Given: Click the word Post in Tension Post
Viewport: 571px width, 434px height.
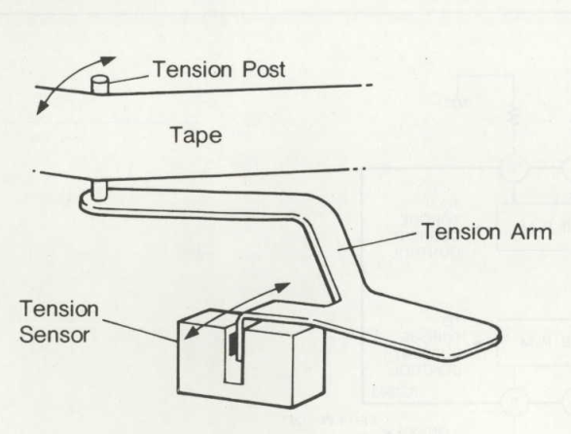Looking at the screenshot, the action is pos(264,69).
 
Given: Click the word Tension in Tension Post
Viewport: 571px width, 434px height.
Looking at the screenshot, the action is pos(193,69).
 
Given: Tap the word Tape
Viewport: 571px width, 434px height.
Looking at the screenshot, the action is pos(196,136).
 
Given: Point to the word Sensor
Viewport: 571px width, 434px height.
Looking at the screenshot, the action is pos(54,335).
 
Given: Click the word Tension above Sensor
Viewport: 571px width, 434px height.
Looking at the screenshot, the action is pos(59,309).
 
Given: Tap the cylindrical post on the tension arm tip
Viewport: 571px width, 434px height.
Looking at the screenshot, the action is pos(98,191).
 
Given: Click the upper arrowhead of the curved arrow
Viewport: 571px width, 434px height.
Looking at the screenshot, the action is pos(108,60).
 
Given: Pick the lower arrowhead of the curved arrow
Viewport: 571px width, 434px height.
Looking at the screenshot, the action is pos(42,106).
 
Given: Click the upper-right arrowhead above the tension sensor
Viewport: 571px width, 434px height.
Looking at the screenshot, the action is pos(282,287).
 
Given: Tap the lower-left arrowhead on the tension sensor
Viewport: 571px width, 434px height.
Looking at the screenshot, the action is pos(192,333).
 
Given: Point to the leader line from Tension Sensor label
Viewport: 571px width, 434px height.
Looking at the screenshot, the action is pos(140,331).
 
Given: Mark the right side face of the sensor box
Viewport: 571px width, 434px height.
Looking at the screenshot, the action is pos(308,364).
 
